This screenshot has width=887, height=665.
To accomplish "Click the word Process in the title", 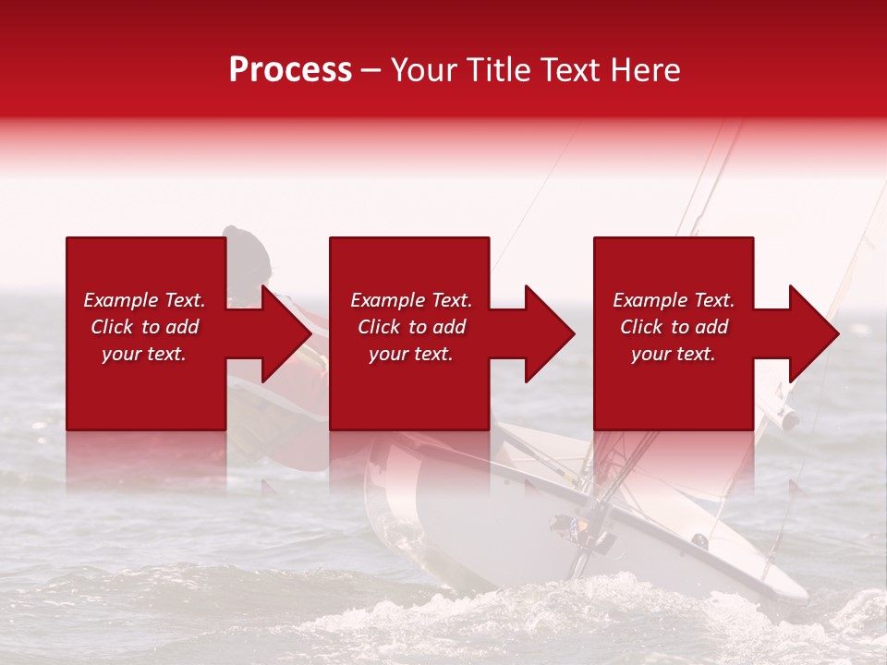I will pos(290,70).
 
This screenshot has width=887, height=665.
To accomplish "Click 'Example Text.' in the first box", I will pos(144,300).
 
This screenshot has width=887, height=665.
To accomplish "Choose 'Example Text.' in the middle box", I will pos(411,300).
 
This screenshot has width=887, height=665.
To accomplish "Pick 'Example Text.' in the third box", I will pos(674,300).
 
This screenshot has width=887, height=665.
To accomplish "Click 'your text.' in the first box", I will pos(144,354).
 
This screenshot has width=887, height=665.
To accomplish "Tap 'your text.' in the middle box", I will pos(411,354).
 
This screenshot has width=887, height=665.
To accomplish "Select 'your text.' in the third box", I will pos(674,354).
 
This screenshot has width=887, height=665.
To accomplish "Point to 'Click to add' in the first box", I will pos(144,327).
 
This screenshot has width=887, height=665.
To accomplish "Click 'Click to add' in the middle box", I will pos(411,327).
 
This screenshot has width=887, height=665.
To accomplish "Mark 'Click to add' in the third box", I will pos(674,327).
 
